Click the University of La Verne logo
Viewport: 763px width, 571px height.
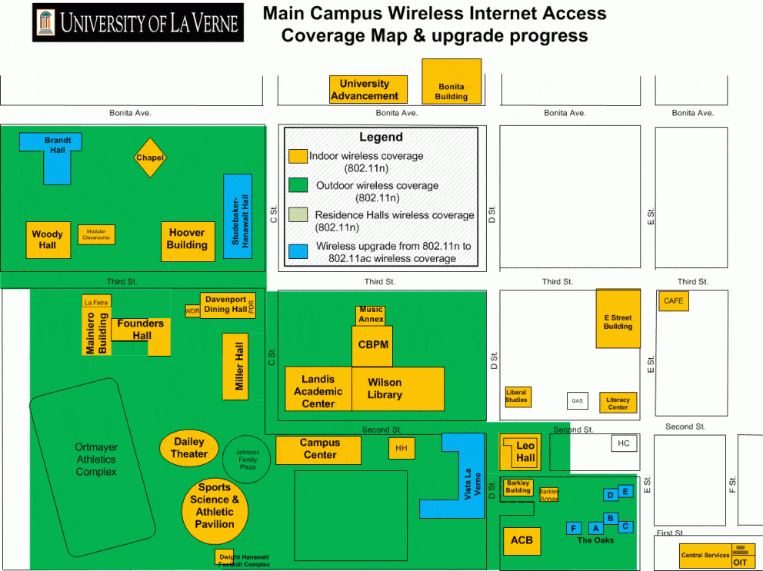tap(138, 22)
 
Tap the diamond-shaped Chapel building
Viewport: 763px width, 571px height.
tap(150, 158)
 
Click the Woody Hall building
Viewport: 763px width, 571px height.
tap(47, 240)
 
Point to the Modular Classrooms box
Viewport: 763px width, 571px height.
tap(96, 234)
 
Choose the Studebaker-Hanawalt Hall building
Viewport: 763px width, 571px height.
tap(238, 216)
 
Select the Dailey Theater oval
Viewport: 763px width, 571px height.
tap(189, 448)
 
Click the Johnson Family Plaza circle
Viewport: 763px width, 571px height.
tap(247, 459)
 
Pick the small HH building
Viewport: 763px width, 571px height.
tap(401, 448)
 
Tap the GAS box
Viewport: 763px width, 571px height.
tap(578, 400)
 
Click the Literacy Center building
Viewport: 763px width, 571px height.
tap(618, 402)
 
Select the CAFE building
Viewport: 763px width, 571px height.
tap(673, 300)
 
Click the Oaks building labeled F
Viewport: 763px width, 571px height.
tap(573, 528)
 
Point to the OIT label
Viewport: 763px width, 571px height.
tap(740, 562)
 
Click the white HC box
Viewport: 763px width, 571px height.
tap(624, 443)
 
